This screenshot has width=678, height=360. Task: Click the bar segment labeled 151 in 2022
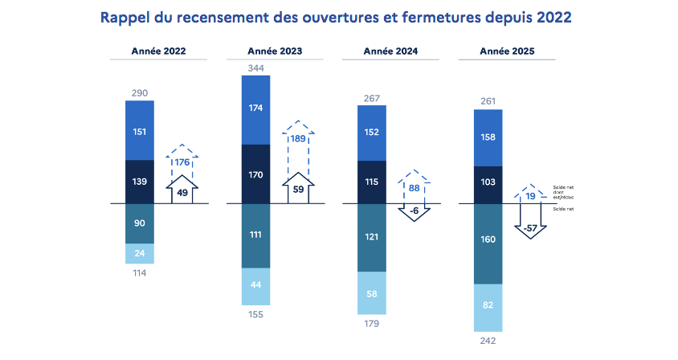[139, 132]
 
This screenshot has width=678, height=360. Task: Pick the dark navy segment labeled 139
[139, 182]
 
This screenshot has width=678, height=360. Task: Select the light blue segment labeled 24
[139, 253]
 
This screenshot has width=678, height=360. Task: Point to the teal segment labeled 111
[255, 235]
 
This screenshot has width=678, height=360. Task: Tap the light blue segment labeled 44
[255, 285]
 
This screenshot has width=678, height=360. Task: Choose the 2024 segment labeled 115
[371, 182]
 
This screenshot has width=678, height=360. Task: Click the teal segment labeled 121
[371, 237]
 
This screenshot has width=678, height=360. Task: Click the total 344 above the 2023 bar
[255, 68]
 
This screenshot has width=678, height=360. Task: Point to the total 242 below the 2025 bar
[488, 341]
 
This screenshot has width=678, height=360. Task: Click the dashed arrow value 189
[298, 138]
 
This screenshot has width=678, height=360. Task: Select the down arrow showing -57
[530, 227]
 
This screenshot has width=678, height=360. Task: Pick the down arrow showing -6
[414, 211]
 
